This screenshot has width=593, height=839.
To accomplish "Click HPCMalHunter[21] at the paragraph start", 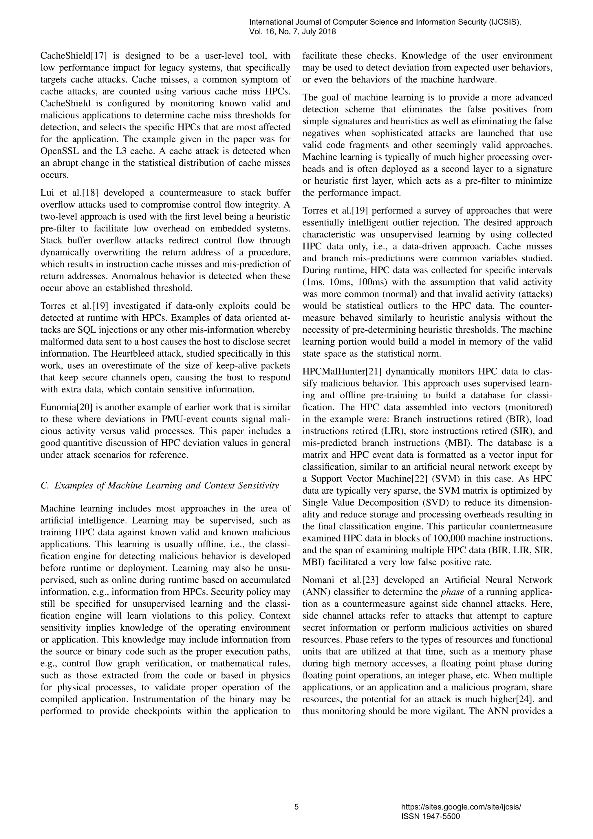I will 342,372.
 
